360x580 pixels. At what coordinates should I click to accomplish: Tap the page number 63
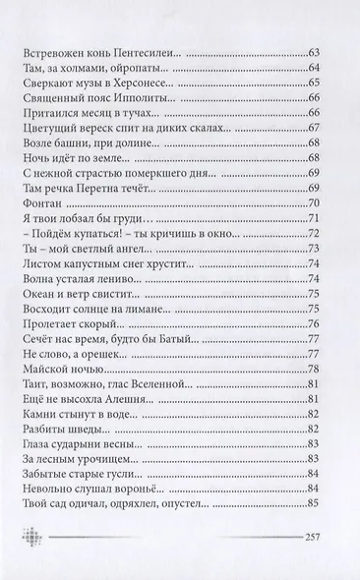(317, 50)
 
